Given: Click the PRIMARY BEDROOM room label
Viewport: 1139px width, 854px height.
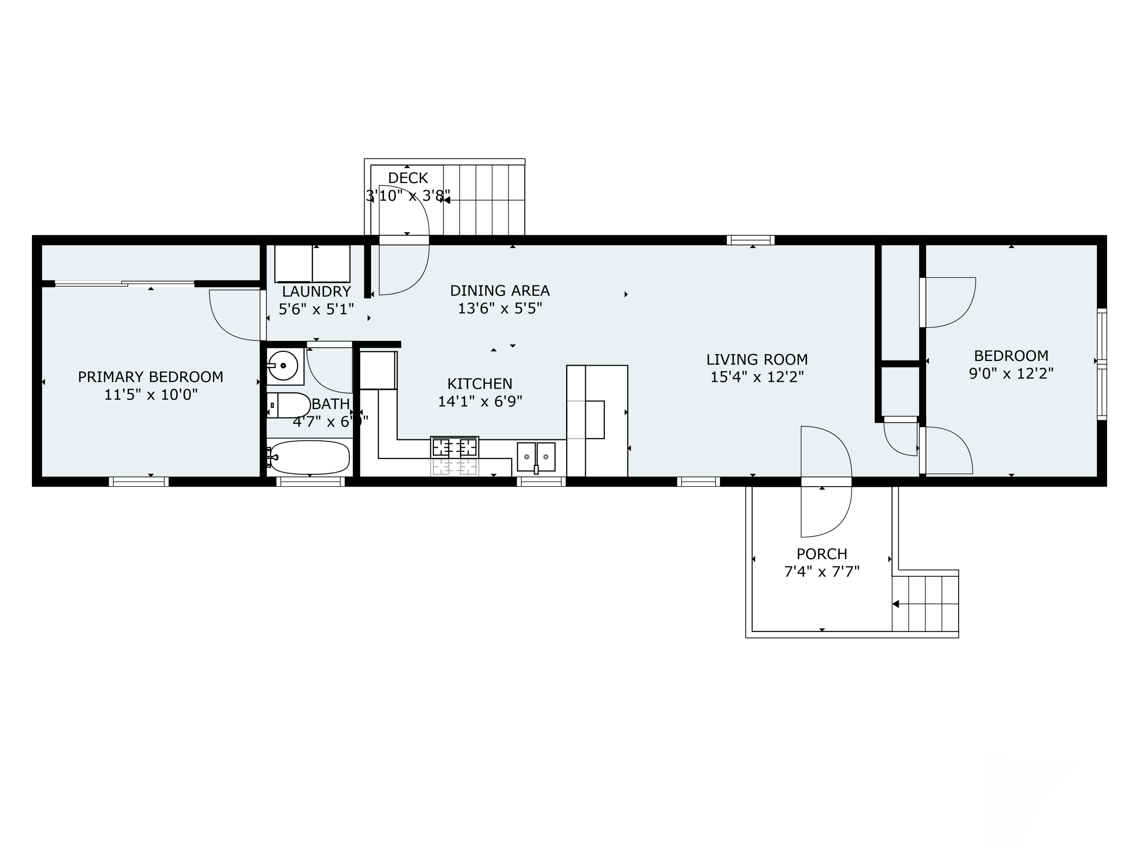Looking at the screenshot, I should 150,377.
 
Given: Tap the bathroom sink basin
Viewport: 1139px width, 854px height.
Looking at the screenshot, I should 283,366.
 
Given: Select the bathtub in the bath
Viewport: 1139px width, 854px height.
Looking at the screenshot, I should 310,457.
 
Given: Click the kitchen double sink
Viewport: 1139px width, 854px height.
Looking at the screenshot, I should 536,457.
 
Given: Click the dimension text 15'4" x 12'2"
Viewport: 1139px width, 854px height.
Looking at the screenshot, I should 756,377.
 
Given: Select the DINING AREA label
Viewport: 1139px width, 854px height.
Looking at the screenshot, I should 500,291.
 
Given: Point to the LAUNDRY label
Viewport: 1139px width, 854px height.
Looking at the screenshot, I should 316,292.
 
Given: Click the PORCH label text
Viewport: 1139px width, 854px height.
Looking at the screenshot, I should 822,554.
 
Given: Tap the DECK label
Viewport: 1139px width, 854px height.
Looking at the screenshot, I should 408,178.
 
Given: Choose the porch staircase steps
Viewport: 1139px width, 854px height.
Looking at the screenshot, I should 925,604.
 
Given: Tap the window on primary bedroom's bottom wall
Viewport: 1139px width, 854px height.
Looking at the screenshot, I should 139,481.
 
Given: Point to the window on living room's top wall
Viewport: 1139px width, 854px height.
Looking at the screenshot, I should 750,240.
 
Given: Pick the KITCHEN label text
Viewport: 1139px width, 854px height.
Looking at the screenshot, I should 480,384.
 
